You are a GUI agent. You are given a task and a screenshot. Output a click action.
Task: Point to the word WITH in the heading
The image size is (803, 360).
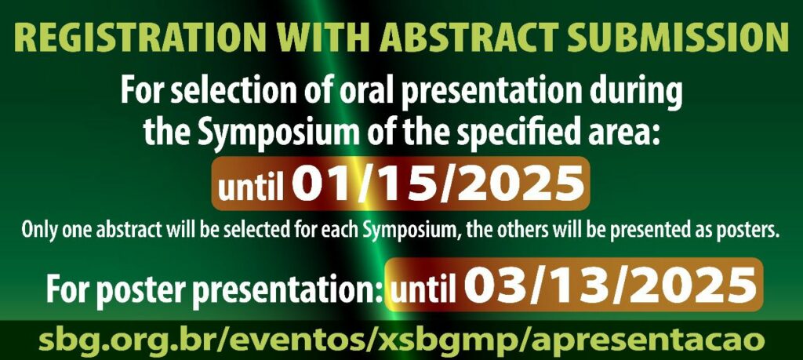321,37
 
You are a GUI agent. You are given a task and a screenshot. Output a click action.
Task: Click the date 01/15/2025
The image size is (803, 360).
438,184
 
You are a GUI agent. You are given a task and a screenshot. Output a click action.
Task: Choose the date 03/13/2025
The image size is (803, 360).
610,285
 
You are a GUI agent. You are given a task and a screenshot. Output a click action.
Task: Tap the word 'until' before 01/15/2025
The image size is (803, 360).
251,188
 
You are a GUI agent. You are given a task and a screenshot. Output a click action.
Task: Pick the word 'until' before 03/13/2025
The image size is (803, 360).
423,289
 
